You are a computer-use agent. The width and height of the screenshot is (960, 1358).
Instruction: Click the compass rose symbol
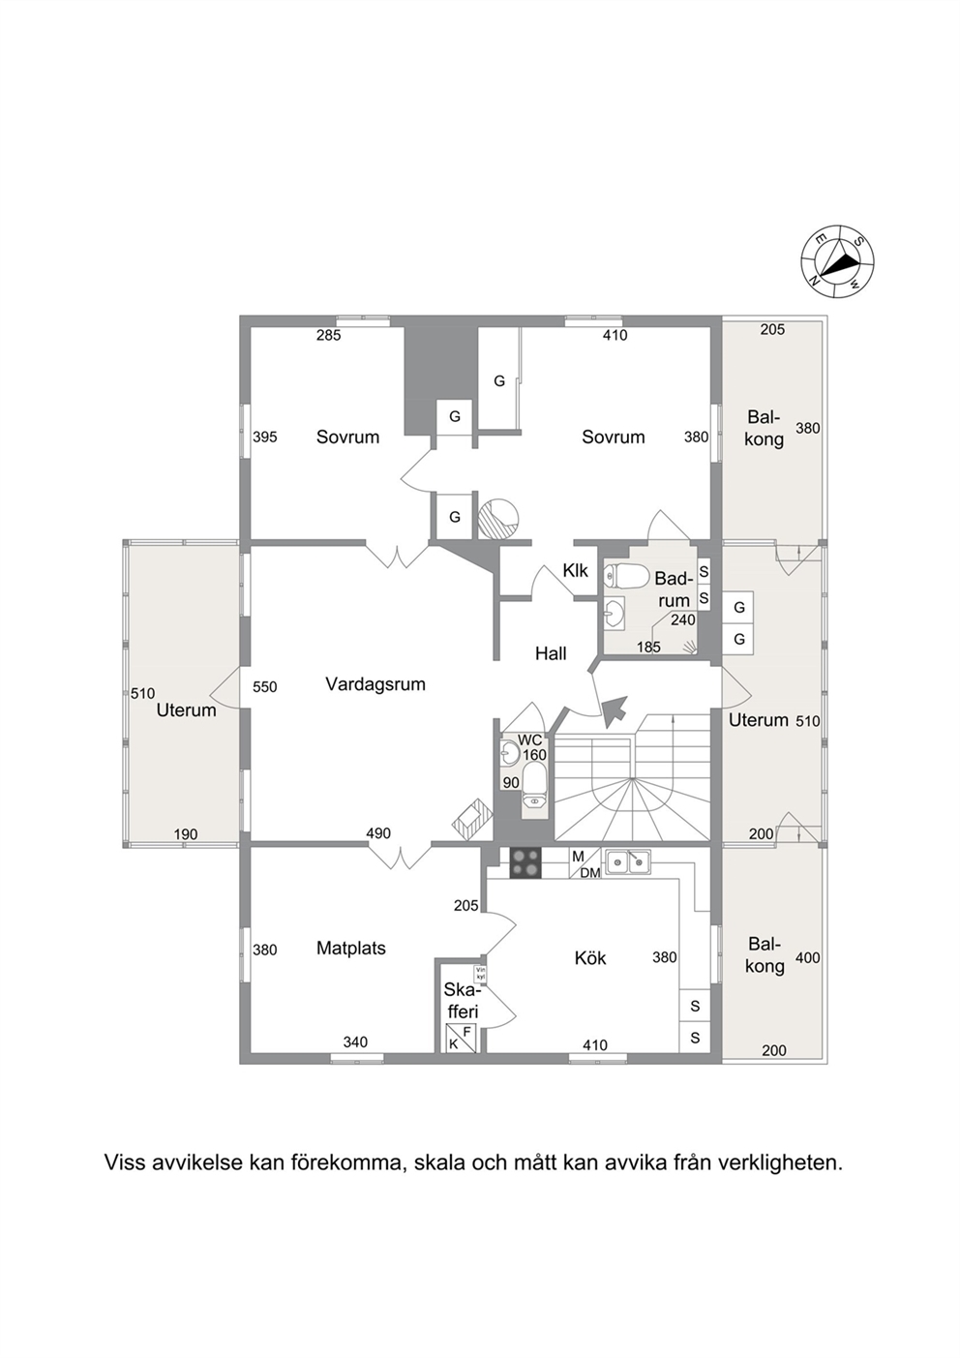(837, 262)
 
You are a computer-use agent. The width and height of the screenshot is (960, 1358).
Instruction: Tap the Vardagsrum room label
(375, 684)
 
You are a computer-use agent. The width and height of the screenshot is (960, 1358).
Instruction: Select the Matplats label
(351, 948)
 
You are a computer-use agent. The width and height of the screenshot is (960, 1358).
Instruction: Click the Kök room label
(589, 958)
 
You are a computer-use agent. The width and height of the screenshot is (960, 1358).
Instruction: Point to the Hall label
(551, 653)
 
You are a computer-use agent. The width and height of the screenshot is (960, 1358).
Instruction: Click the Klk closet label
(575, 570)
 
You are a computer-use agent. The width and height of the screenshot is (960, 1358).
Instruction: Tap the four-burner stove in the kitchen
(525, 862)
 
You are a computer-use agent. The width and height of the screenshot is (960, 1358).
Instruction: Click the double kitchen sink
(628, 860)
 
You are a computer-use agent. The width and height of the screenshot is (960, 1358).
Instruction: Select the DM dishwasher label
(590, 873)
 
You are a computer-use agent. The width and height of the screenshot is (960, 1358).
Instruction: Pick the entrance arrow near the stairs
(615, 711)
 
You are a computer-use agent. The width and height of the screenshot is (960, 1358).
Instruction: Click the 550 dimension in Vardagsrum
(265, 687)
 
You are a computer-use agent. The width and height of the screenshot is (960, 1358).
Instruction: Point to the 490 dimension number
(378, 833)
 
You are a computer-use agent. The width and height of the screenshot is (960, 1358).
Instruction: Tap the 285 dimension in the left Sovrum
(328, 335)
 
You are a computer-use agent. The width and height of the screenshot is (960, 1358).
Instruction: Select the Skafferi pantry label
(462, 1001)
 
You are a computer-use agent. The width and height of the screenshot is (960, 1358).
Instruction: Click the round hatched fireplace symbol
(498, 520)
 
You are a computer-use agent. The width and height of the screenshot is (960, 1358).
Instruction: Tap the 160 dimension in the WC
(534, 755)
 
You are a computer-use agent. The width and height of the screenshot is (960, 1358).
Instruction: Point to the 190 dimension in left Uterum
(186, 834)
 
